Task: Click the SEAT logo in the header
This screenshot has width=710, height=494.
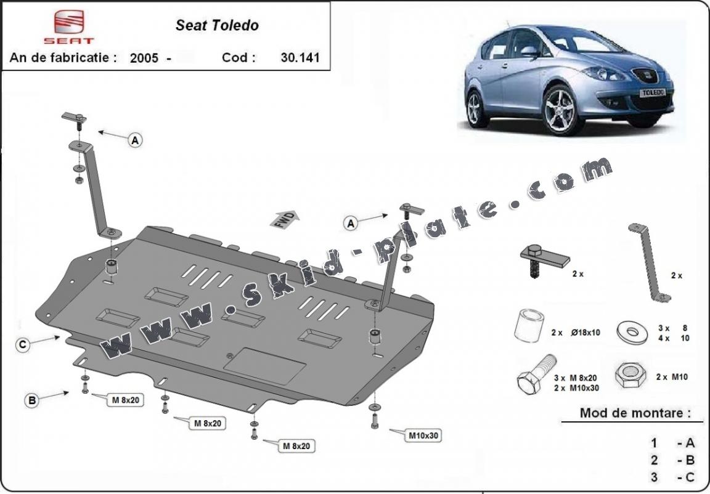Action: pos(73,26)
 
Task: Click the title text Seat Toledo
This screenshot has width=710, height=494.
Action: pos(217,25)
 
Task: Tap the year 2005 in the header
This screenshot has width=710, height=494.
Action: pos(143,59)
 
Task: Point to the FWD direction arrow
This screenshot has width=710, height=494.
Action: pos(284,219)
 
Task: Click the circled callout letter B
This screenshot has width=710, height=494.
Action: pos(32,401)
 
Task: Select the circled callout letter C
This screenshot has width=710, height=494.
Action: pos(22,345)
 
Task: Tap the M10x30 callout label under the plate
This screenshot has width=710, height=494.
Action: pos(424,435)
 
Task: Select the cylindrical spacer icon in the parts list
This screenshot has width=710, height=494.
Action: pos(529,326)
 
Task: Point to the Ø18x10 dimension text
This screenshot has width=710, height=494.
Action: pos(585,333)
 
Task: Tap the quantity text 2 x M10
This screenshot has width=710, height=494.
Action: pos(671,377)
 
